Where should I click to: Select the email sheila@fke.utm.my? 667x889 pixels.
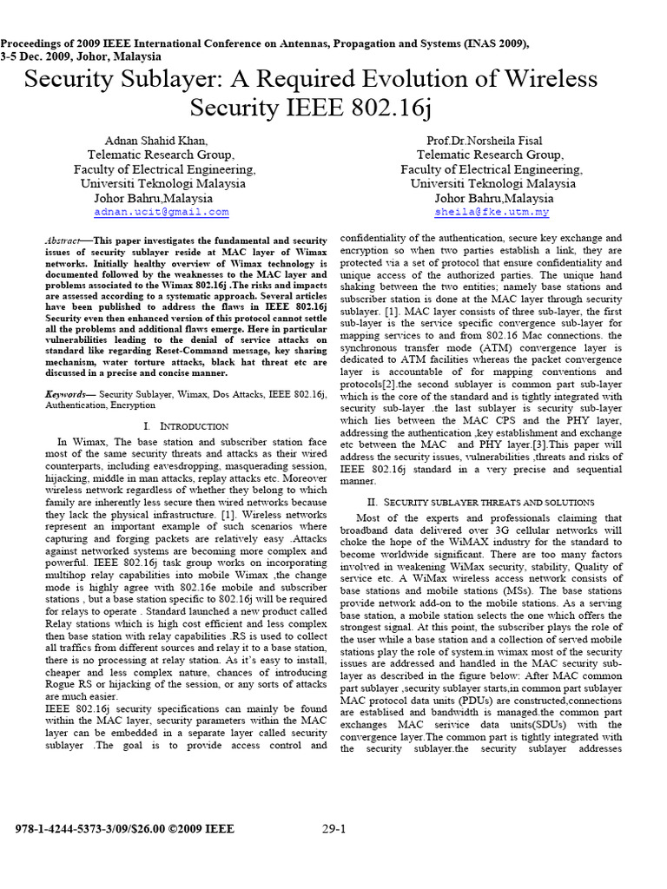(x=492, y=212)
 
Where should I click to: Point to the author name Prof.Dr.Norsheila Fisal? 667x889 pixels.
(x=492, y=140)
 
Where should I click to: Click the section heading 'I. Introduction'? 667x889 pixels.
(x=186, y=426)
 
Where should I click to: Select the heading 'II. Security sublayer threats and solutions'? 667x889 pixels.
(x=480, y=502)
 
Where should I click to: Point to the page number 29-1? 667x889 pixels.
(x=334, y=829)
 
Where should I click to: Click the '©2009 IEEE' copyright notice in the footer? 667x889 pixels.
(x=200, y=829)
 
